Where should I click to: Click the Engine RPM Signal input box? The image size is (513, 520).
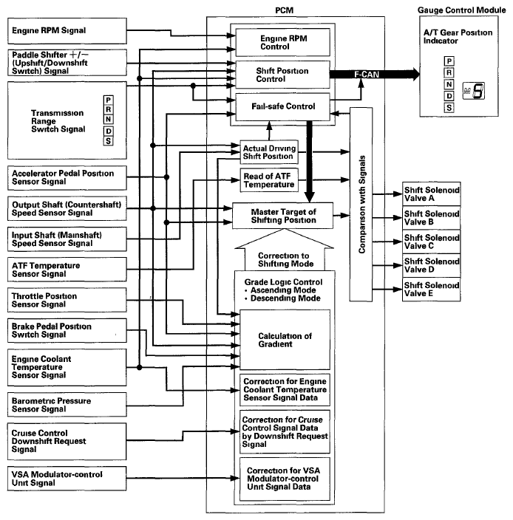point(67,31)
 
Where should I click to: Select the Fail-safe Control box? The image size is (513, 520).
point(282,107)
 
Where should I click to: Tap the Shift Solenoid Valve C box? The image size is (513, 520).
point(432,242)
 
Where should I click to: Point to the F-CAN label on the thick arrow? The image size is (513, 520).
point(367,75)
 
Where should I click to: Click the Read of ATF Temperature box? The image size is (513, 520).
point(269,180)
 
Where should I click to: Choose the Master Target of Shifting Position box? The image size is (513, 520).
point(282,216)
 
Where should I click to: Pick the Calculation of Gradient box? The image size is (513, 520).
point(285,340)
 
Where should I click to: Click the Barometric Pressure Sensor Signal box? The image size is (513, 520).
point(67,405)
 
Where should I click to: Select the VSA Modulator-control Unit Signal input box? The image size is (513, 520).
point(67,479)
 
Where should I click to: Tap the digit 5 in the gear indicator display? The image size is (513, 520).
point(478,91)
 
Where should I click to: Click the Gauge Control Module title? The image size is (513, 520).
point(461,10)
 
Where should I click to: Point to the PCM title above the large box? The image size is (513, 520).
point(284,10)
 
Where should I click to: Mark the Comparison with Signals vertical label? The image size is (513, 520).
point(361,205)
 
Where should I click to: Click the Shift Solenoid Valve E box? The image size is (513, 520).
point(432,290)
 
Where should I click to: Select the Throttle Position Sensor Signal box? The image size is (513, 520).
point(67,300)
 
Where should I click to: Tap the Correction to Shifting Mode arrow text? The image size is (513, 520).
point(285,260)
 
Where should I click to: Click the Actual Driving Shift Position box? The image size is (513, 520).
point(269,152)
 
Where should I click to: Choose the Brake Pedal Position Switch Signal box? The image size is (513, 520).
point(67,331)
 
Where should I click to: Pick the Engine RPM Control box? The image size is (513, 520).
point(282,42)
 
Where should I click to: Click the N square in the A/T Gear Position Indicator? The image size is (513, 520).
point(449,84)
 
